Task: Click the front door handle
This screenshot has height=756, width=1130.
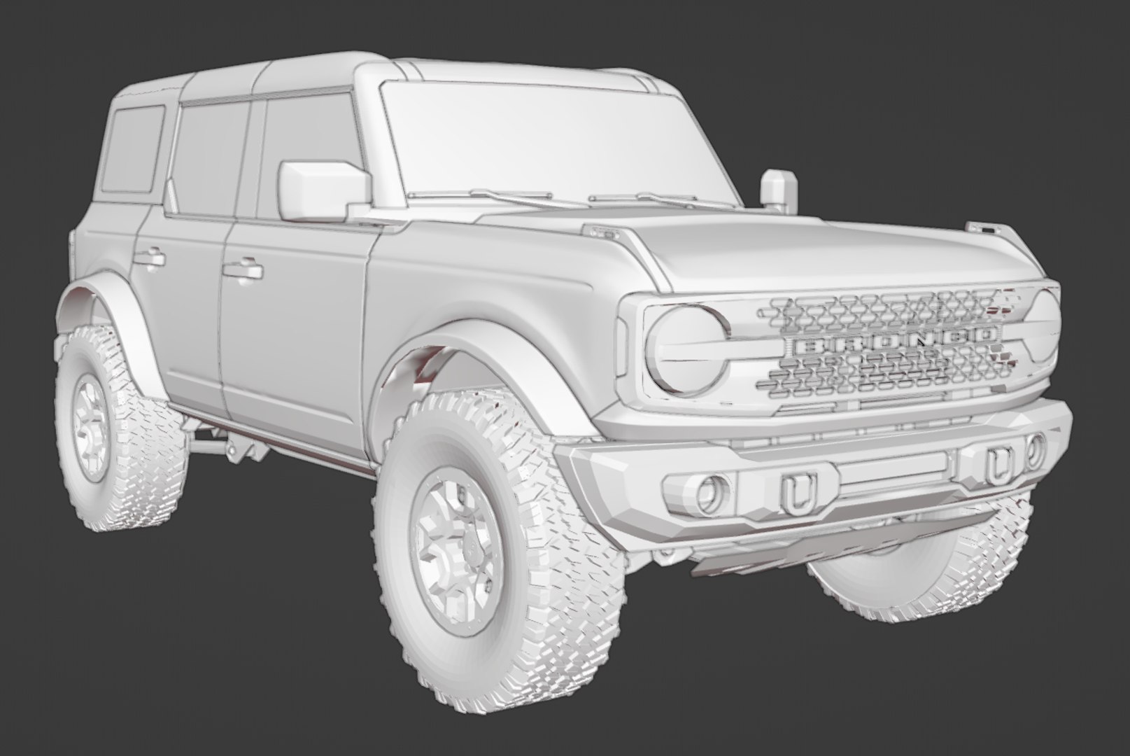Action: (241, 270)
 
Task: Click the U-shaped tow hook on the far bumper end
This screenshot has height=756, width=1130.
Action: (995, 465)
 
